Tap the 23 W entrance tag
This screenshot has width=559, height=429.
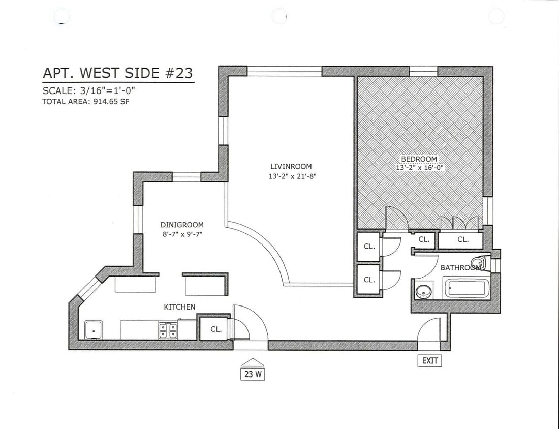click(253, 375)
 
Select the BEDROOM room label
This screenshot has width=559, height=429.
click(418, 159)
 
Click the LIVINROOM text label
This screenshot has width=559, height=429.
click(291, 166)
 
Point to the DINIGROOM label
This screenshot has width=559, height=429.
click(182, 225)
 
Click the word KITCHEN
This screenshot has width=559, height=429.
click(179, 307)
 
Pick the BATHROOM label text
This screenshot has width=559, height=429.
click(460, 268)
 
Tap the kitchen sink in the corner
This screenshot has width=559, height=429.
click(92, 330)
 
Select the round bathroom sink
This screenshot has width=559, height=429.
click(422, 292)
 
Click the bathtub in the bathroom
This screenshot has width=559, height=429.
click(467, 289)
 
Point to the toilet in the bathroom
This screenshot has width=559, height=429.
click(482, 263)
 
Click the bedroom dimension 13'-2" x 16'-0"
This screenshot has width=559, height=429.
click(418, 167)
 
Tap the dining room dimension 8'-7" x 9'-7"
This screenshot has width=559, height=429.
click(182, 234)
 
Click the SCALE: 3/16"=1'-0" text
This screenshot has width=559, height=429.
click(89, 91)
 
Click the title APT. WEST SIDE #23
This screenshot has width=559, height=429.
click(117, 73)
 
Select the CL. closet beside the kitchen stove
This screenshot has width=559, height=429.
click(216, 329)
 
